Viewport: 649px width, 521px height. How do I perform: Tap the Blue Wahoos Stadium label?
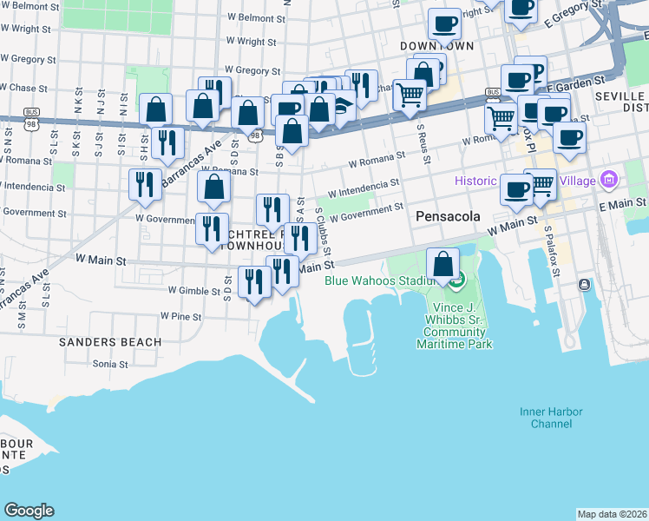pyautogui.click(x=378, y=280)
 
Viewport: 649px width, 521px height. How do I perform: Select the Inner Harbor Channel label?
pyautogui.click(x=546, y=417)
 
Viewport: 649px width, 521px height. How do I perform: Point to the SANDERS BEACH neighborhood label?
pyautogui.click(x=110, y=342)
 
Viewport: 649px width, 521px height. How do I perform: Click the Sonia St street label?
pyautogui.click(x=110, y=364)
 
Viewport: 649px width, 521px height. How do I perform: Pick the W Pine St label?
pyautogui.click(x=180, y=317)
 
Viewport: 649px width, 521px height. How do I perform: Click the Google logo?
pyautogui.click(x=29, y=511)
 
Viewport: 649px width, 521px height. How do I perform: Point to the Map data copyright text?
pyautogui.click(x=612, y=514)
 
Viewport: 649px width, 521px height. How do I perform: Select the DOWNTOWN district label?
pyautogui.click(x=437, y=45)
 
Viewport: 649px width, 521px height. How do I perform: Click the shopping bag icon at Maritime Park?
pyautogui.click(x=443, y=263)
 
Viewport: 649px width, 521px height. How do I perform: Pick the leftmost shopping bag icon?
pyautogui.click(x=156, y=109)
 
